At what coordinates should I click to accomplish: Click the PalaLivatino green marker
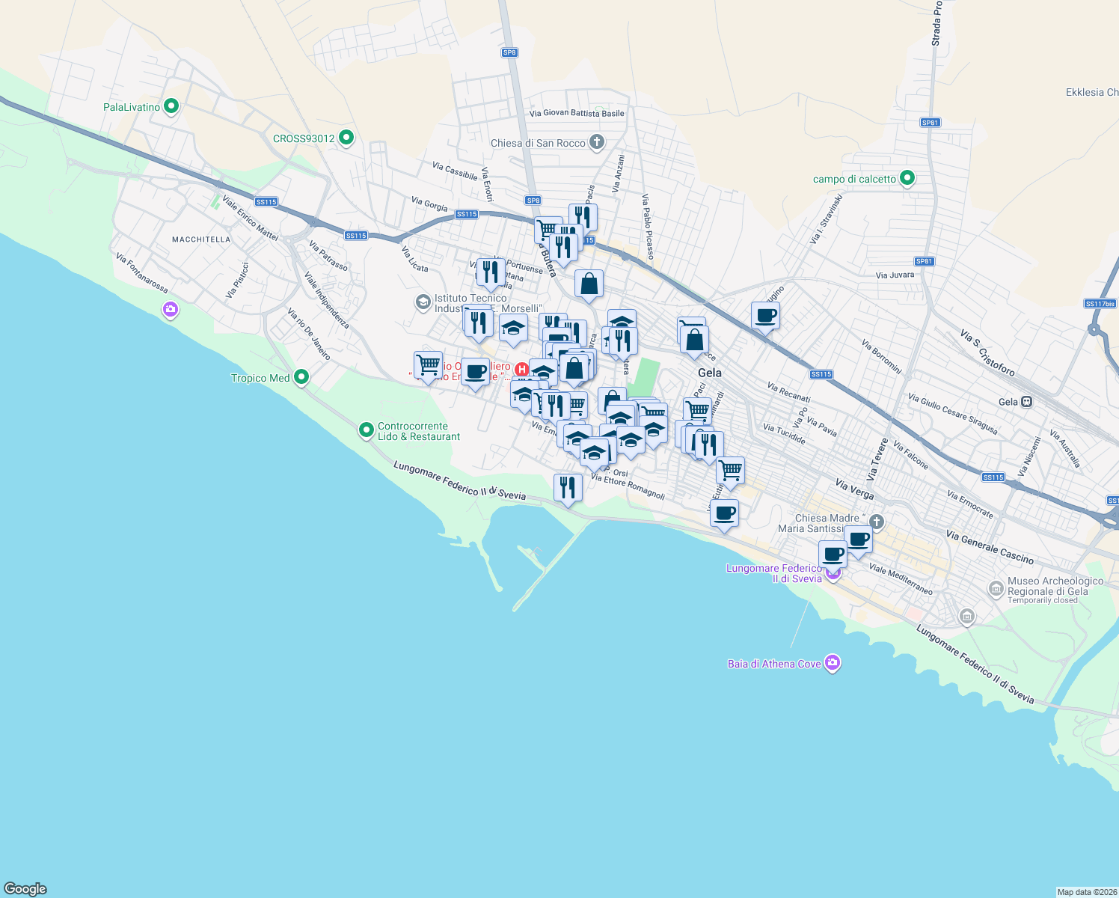(171, 107)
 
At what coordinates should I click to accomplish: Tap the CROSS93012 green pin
(346, 138)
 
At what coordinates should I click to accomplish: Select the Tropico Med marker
(301, 377)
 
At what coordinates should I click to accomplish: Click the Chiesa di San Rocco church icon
(597, 141)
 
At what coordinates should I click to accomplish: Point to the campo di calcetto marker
(907, 178)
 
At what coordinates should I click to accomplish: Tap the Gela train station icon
(1027, 402)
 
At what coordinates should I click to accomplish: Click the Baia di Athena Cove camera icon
(833, 663)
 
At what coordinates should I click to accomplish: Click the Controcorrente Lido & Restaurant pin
(367, 430)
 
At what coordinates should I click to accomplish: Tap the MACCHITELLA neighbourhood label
(201, 239)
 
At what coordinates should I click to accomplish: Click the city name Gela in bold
(709, 373)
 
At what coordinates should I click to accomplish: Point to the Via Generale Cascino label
(990, 547)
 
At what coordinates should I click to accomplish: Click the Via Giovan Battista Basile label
(576, 114)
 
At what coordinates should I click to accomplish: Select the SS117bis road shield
(1100, 303)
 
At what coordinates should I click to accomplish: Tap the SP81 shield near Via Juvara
(925, 261)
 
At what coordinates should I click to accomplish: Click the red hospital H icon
(522, 369)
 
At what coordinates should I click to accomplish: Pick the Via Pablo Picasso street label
(648, 227)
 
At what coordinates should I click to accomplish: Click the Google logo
(25, 889)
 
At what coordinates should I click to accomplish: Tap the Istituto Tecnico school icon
(423, 302)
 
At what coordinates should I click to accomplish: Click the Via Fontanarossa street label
(141, 272)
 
